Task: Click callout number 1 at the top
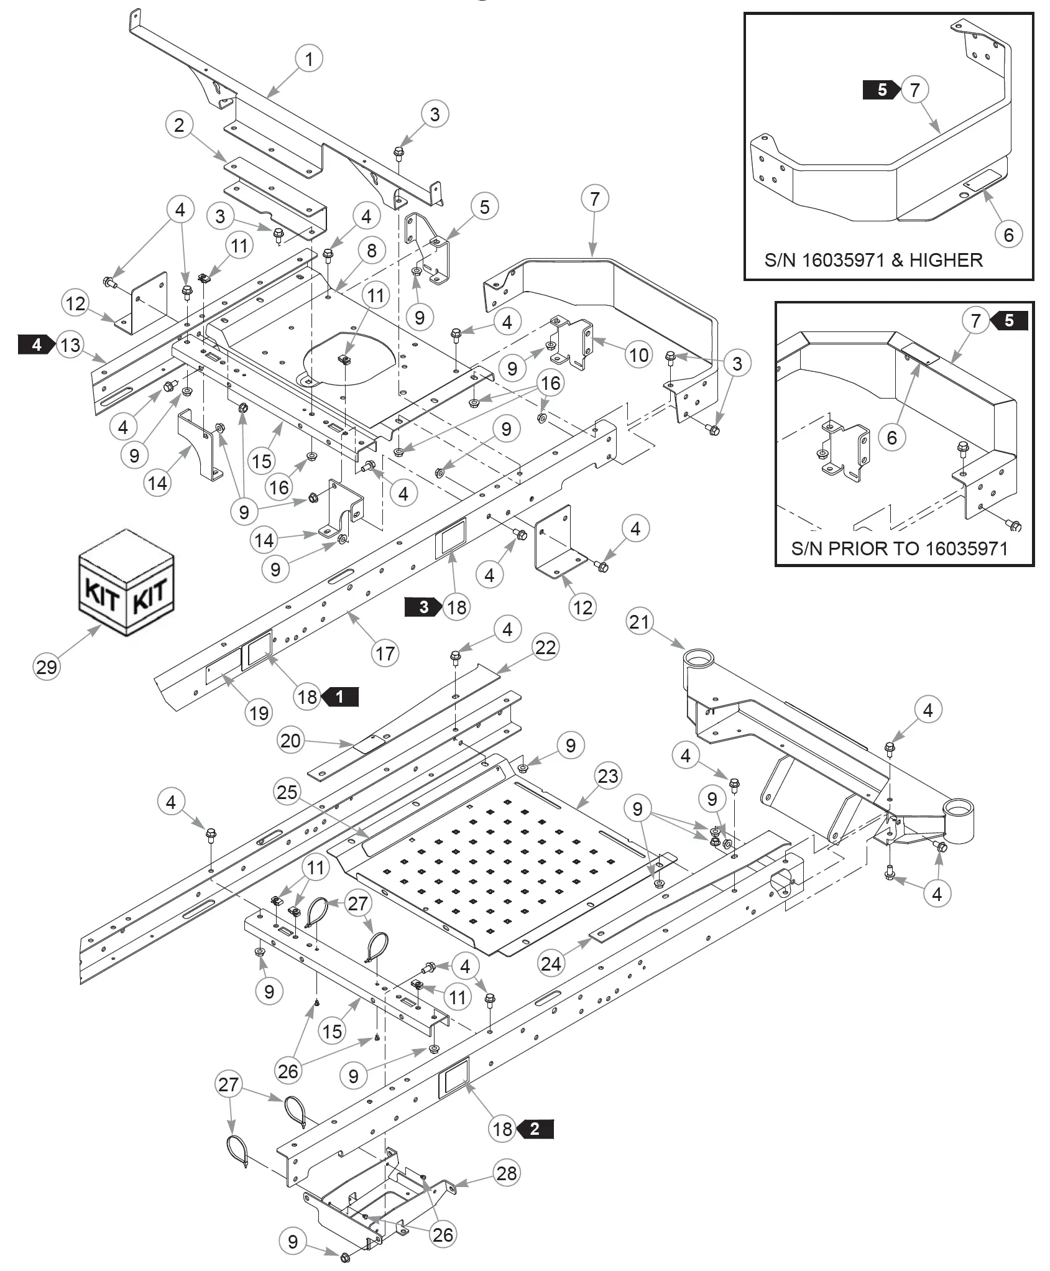[309, 60]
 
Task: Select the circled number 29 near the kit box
[47, 667]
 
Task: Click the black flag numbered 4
[36, 344]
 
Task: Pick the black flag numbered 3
[423, 607]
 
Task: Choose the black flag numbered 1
[340, 696]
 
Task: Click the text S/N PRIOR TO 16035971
[899, 548]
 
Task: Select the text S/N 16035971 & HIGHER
[873, 259]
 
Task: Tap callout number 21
[639, 622]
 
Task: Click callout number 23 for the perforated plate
[608, 775]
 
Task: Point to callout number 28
[507, 1173]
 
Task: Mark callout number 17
[385, 653]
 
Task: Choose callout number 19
[259, 713]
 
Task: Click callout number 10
[639, 355]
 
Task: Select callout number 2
[180, 125]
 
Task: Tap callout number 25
[287, 792]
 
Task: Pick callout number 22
[545, 647]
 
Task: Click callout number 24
[551, 964]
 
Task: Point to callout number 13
[71, 344]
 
